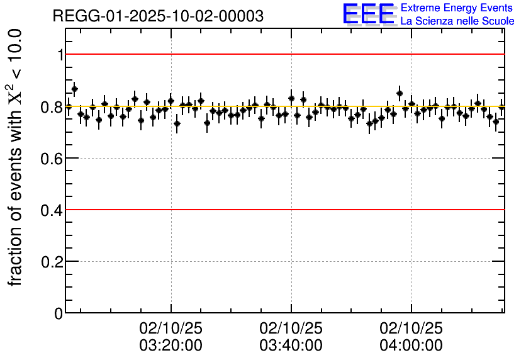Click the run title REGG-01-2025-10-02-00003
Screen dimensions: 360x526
pos(158,16)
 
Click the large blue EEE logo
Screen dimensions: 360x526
pos(369,14)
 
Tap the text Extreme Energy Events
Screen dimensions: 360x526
pos(457,8)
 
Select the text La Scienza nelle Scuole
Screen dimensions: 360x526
pos(457,21)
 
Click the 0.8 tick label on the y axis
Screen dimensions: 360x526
pos(51,107)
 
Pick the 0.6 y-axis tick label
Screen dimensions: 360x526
pos(51,159)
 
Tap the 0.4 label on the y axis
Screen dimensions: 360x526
pos(51,210)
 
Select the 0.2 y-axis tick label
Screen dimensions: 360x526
pos(51,262)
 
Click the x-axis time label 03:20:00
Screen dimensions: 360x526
pos(171,346)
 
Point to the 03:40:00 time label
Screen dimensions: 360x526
pos(291,346)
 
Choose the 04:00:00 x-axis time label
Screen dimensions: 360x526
pos(411,346)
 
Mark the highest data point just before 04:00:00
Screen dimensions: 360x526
pos(400,93)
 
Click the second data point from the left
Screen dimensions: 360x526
pos(74,89)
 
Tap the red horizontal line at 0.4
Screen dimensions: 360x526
pos(283,209)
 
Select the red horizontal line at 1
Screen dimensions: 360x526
pos(283,54)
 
